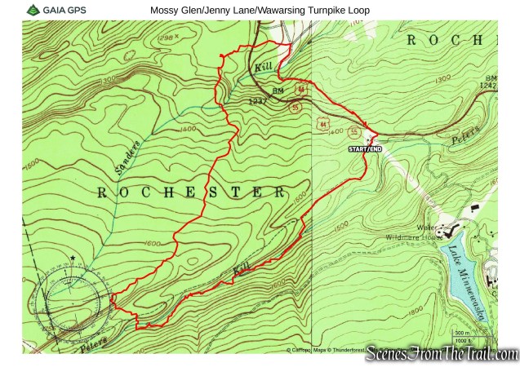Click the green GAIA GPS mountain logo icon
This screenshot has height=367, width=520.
point(33,10)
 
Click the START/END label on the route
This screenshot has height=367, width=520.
point(365,149)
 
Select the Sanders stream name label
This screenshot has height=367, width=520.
point(127,155)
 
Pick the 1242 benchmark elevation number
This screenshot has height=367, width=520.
point(487,85)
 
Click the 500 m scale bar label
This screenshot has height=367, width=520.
point(461,333)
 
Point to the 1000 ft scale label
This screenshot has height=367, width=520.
point(463,340)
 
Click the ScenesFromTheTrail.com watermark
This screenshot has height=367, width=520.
point(442,354)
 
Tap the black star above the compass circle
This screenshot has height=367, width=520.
point(73,258)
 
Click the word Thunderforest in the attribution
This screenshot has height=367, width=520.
point(342,350)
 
